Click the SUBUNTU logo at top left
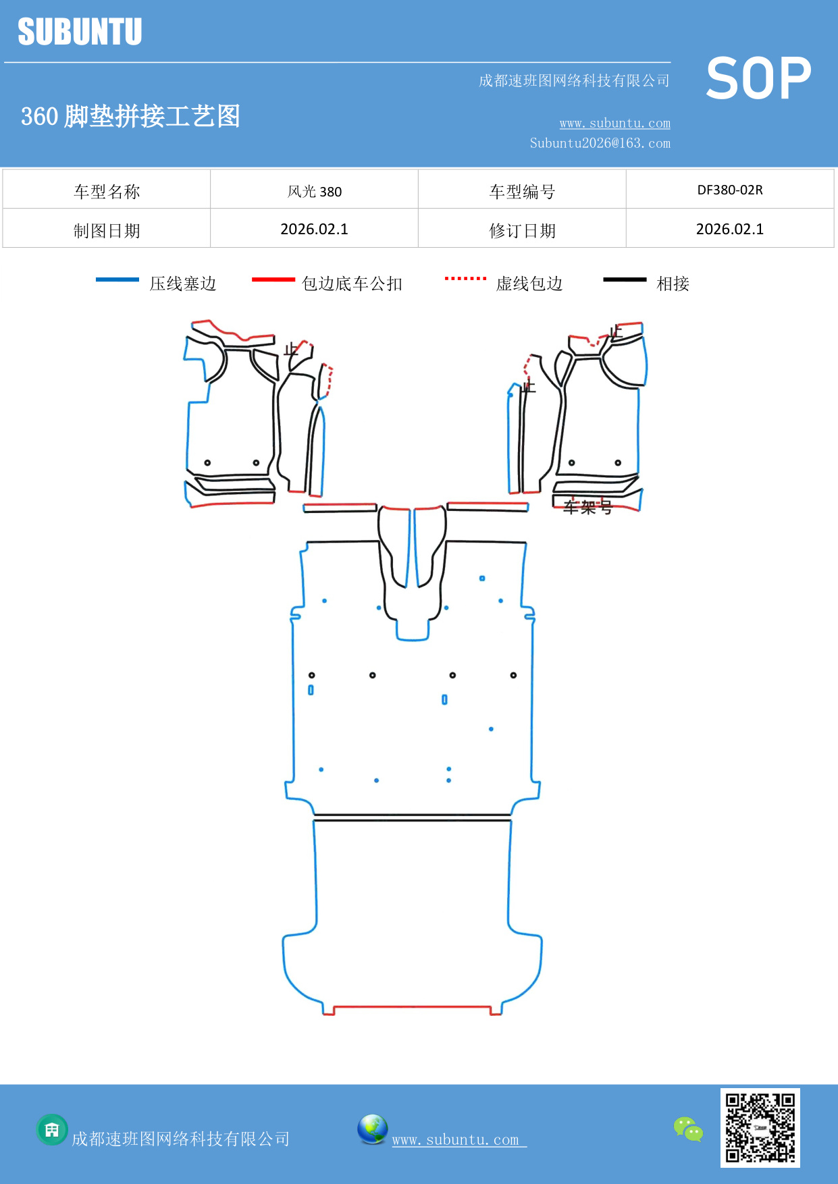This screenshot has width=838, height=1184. click(x=80, y=32)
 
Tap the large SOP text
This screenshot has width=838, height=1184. click(x=758, y=78)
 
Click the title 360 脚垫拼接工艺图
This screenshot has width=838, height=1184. click(x=130, y=116)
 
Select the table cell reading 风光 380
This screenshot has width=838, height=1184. click(x=315, y=192)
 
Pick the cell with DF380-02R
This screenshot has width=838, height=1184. click(x=730, y=190)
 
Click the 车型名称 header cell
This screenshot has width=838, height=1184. click(x=107, y=192)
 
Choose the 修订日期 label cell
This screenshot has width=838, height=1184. click(x=522, y=231)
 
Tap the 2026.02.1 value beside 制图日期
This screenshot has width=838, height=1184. click(x=315, y=230)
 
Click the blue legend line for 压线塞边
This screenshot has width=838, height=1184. click(x=117, y=279)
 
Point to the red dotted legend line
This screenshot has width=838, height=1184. click(x=465, y=278)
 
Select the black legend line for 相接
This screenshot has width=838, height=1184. click(x=625, y=279)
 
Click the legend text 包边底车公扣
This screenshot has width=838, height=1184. click(x=352, y=284)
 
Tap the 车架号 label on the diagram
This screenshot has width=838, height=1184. click(x=587, y=508)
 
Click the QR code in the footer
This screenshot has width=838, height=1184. click(x=760, y=1128)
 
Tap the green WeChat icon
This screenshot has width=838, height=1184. click(x=688, y=1129)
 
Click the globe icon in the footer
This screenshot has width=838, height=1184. click(x=372, y=1129)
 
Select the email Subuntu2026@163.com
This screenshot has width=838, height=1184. click(x=600, y=143)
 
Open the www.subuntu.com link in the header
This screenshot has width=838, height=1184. click(x=614, y=124)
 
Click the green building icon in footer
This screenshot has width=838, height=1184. click(x=52, y=1129)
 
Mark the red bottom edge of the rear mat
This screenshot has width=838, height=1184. click(x=412, y=1006)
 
